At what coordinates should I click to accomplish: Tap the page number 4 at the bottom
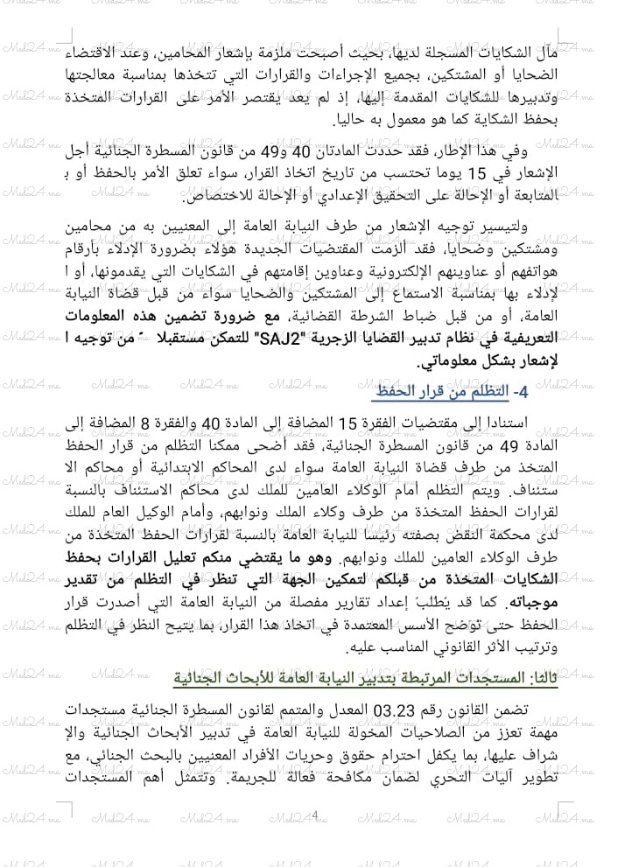click(x=313, y=815)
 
